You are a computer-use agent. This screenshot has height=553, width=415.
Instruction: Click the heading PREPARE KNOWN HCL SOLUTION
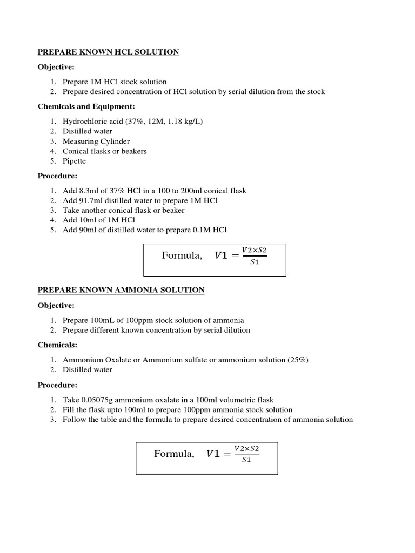[108, 52]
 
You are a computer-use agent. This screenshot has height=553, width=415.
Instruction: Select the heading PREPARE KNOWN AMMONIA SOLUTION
[121, 290]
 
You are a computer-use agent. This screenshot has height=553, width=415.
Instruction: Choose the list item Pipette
[74, 161]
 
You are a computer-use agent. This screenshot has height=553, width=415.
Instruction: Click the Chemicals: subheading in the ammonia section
[56, 345]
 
